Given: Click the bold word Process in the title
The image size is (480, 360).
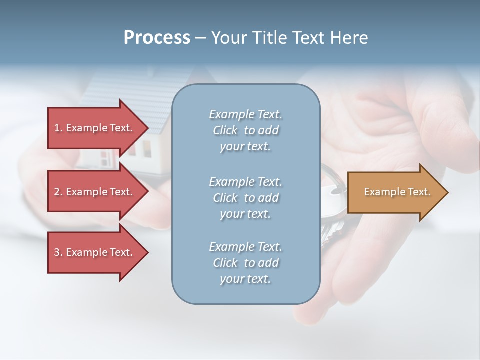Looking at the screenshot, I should click(157, 38).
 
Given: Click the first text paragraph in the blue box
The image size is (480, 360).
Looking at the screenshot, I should click(245, 130).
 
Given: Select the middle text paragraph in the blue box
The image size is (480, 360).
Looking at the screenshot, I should click(245, 198).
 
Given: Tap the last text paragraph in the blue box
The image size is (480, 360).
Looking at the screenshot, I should click(245, 263).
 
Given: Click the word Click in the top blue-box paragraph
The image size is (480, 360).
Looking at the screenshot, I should click(225, 130).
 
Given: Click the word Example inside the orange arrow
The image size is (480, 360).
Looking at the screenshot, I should click(381, 192).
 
